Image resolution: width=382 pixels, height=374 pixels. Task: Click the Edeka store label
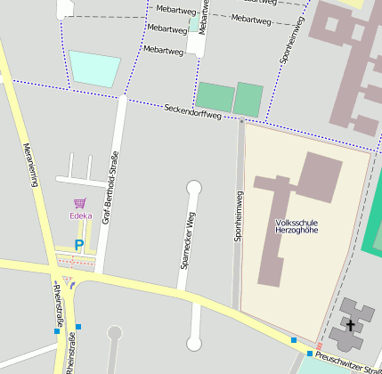click(81, 215)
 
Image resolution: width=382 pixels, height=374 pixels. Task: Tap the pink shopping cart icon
click(80, 203)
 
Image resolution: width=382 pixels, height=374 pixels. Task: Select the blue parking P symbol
click(79, 245)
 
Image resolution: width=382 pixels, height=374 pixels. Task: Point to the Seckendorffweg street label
click(192, 111)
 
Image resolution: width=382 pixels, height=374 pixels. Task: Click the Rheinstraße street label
click(60, 304)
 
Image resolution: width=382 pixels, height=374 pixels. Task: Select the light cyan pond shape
click(94, 69)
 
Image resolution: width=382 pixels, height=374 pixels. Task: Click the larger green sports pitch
click(215, 97)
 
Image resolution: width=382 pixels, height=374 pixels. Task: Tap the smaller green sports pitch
click(248, 99)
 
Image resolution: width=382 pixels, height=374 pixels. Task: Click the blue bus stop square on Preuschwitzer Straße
click(294, 340)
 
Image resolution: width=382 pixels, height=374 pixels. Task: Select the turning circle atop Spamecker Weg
click(194, 187)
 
